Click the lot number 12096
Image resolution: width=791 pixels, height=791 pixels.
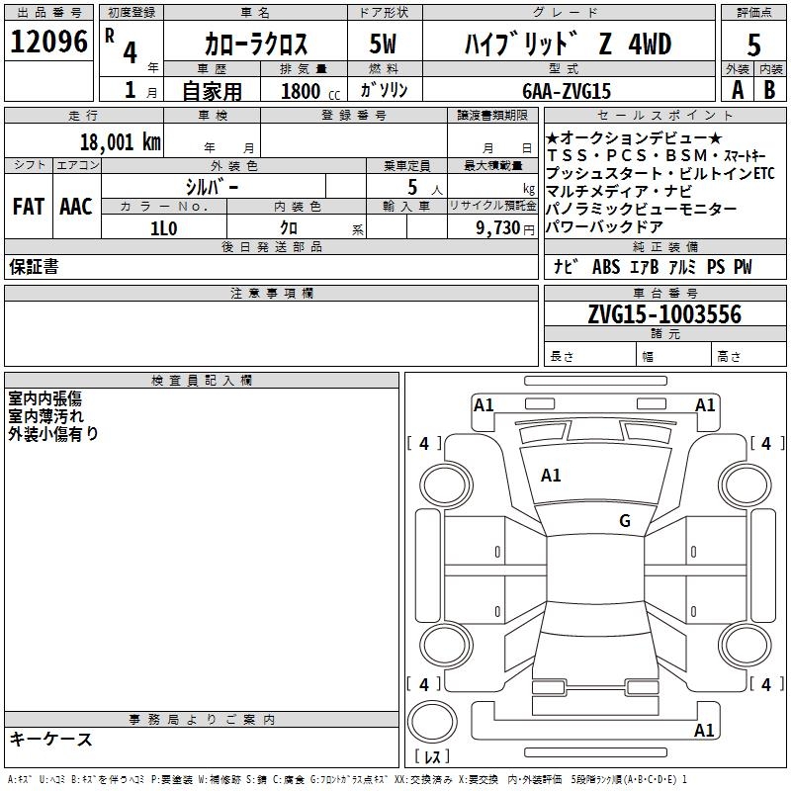[48, 42]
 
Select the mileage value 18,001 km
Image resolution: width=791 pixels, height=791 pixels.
[121, 141]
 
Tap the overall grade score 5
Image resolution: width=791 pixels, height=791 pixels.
[753, 44]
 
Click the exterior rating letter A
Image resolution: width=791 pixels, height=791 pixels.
[738, 90]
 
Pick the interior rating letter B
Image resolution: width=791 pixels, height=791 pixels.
[769, 90]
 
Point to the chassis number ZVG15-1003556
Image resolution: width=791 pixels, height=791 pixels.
[664, 314]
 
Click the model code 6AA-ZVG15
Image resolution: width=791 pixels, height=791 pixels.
[567, 91]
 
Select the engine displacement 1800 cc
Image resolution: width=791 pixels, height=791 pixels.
[310, 91]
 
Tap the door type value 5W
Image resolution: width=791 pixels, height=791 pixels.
[384, 44]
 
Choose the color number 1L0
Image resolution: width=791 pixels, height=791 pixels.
[164, 228]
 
